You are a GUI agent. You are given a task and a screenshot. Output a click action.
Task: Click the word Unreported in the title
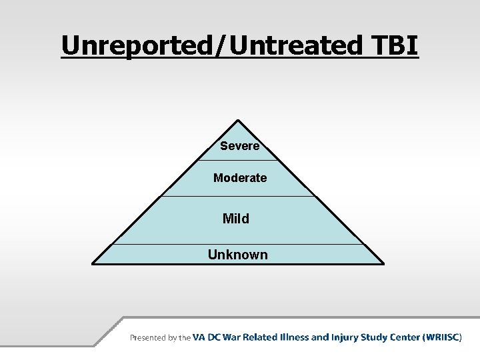133,45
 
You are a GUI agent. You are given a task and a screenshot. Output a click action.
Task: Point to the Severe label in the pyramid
239,146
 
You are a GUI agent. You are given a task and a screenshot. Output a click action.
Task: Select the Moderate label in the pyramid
240,178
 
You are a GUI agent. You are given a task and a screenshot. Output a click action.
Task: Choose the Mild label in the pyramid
236,219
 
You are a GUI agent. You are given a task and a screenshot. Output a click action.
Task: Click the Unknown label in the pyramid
237,255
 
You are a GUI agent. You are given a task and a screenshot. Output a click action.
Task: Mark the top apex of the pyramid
238,121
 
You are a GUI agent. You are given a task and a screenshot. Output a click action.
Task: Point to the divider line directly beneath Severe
238,161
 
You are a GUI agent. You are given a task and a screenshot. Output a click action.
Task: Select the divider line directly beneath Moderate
238,196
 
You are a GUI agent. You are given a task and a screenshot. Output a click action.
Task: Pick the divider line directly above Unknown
238,244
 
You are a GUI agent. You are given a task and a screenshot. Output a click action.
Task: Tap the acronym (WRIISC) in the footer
442,337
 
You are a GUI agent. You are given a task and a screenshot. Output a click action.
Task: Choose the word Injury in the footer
342,337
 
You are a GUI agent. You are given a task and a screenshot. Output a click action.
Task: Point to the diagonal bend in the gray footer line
109,331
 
